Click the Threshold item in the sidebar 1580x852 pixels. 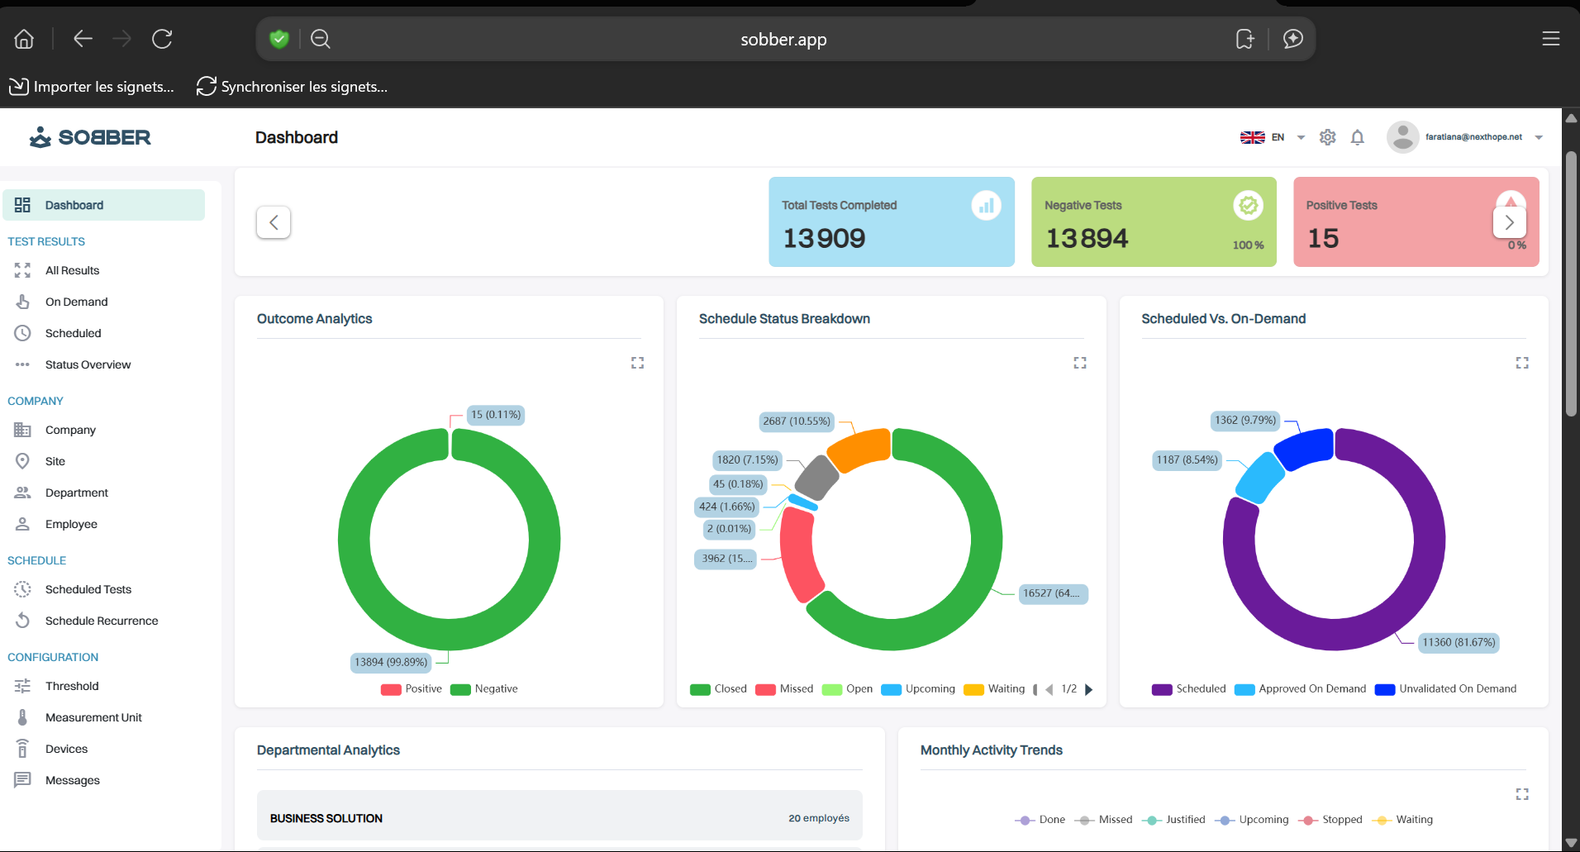[x=72, y=686]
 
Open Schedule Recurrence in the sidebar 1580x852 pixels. [x=101, y=621]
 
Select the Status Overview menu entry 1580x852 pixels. [x=88, y=364]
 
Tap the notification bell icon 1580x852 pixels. [x=1357, y=137]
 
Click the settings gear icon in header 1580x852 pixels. [x=1327, y=137]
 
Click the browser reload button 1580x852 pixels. [x=162, y=39]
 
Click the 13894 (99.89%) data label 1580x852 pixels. [x=391, y=662]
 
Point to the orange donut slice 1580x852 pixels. [x=859, y=449]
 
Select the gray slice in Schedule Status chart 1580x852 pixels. [x=816, y=478]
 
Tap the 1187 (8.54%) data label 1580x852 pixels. [x=1187, y=460]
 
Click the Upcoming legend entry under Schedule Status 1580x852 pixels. [x=929, y=689]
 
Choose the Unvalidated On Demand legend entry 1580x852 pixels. [x=1457, y=689]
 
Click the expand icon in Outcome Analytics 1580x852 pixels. [x=637, y=363]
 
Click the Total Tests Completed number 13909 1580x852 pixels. [x=824, y=239]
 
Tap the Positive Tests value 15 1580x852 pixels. [x=1323, y=239]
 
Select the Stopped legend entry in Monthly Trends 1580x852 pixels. [x=1341, y=820]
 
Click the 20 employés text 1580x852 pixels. [x=818, y=818]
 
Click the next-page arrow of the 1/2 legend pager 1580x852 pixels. [x=1088, y=689]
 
